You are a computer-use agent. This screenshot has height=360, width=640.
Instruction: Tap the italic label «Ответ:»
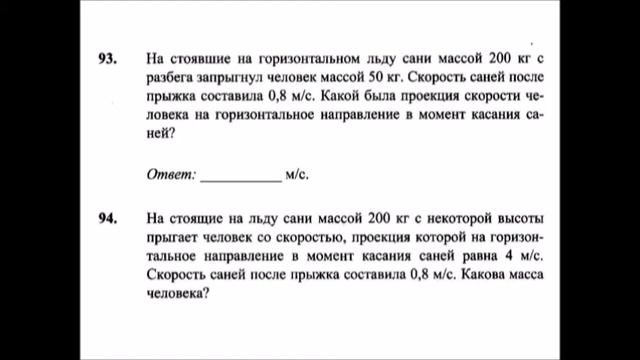(x=171, y=174)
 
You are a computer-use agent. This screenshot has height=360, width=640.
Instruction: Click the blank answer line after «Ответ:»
(x=241, y=176)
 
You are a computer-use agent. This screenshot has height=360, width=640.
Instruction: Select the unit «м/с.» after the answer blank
(x=297, y=174)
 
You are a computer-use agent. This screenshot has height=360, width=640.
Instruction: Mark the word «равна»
(x=472, y=255)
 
